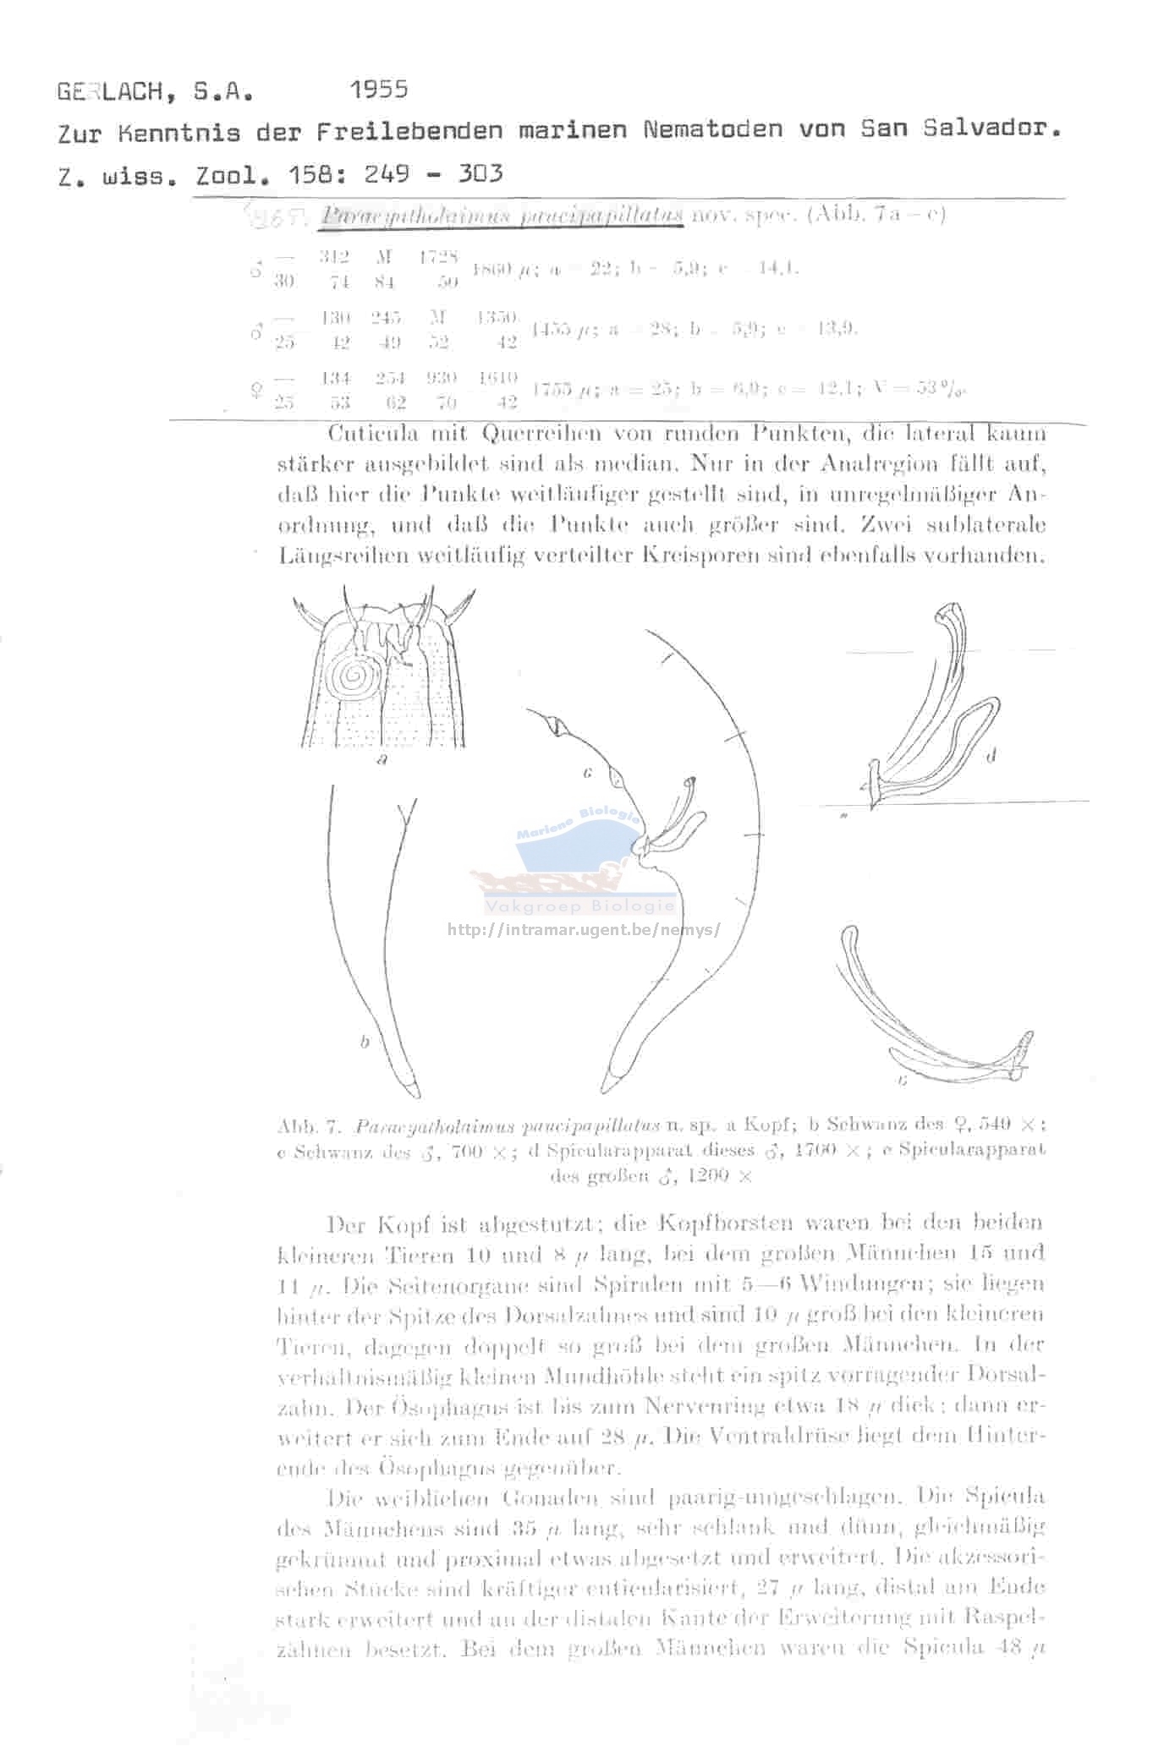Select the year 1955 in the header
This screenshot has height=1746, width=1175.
click(378, 89)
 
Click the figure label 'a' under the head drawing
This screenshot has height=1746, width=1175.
click(382, 759)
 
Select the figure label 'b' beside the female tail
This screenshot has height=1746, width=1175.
click(365, 1042)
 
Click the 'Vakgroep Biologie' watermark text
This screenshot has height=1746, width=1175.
click(580, 907)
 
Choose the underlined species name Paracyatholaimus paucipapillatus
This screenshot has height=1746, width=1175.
click(502, 215)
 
